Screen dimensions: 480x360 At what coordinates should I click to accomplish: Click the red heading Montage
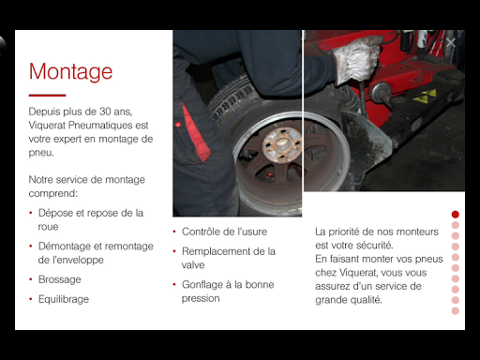pos(70,72)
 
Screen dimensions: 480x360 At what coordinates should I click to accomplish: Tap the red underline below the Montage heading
pos(47,95)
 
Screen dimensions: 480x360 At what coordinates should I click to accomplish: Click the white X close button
pos(451,43)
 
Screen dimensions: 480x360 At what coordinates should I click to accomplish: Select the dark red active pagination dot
pos(456,215)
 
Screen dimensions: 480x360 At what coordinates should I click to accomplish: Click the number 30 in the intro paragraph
pos(105,112)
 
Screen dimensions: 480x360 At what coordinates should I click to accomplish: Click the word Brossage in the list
pos(60,279)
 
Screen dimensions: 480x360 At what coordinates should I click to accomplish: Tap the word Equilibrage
pos(64,299)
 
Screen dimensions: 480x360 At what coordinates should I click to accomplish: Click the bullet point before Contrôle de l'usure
pos(174,232)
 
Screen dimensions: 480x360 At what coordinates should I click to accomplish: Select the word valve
pos(193,265)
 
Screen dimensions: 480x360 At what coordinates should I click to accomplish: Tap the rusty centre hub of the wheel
pos(280,144)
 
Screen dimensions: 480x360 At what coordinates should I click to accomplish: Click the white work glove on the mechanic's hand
pos(356,60)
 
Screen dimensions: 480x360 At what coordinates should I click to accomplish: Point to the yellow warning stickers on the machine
pos(425,97)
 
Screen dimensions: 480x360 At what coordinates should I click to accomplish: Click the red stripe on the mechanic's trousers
pos(195,133)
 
